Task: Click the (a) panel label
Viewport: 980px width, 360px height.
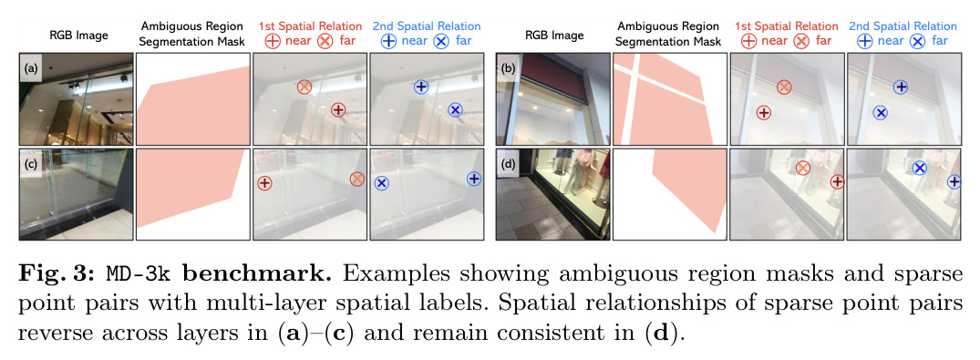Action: (x=31, y=69)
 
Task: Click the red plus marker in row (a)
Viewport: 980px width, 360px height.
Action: (x=337, y=110)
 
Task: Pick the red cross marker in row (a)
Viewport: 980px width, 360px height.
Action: (x=304, y=87)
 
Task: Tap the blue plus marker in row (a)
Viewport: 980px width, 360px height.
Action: (x=421, y=87)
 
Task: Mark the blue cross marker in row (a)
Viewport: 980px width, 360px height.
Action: (x=455, y=110)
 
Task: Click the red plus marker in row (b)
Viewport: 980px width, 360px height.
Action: (x=763, y=113)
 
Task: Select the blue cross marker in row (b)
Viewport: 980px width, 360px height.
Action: (x=881, y=113)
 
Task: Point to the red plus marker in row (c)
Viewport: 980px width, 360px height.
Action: (x=264, y=183)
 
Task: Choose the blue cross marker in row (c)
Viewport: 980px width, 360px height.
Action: (x=382, y=183)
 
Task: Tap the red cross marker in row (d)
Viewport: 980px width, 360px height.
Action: (x=803, y=168)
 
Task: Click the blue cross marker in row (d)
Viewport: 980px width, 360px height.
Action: (x=919, y=168)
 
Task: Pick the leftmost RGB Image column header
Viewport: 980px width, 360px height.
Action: (x=78, y=35)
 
